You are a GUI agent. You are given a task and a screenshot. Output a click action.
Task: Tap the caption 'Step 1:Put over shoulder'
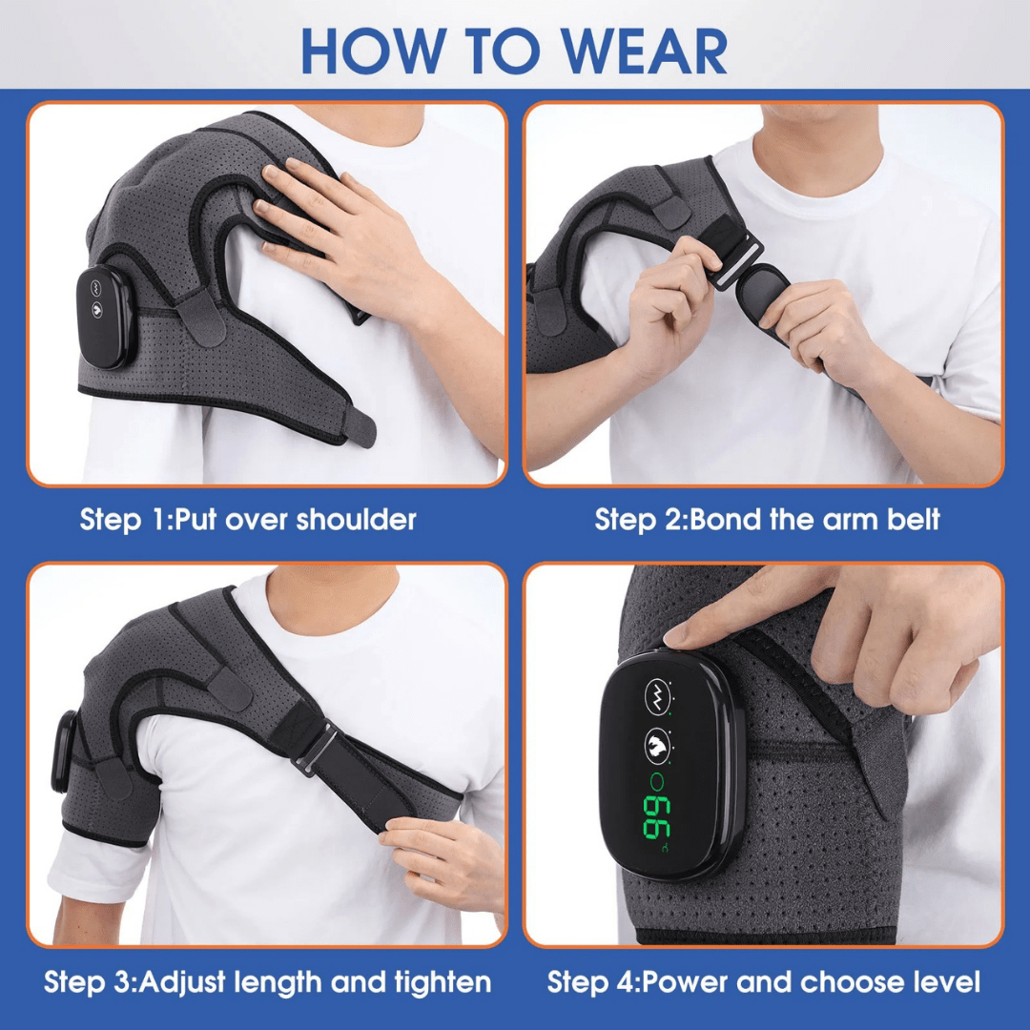[x=248, y=520]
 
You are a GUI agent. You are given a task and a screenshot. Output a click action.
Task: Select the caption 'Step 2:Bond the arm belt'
[x=767, y=520]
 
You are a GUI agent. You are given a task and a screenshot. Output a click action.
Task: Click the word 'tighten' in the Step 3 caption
[x=442, y=981]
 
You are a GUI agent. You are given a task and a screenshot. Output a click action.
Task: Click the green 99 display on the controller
[x=658, y=818]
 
